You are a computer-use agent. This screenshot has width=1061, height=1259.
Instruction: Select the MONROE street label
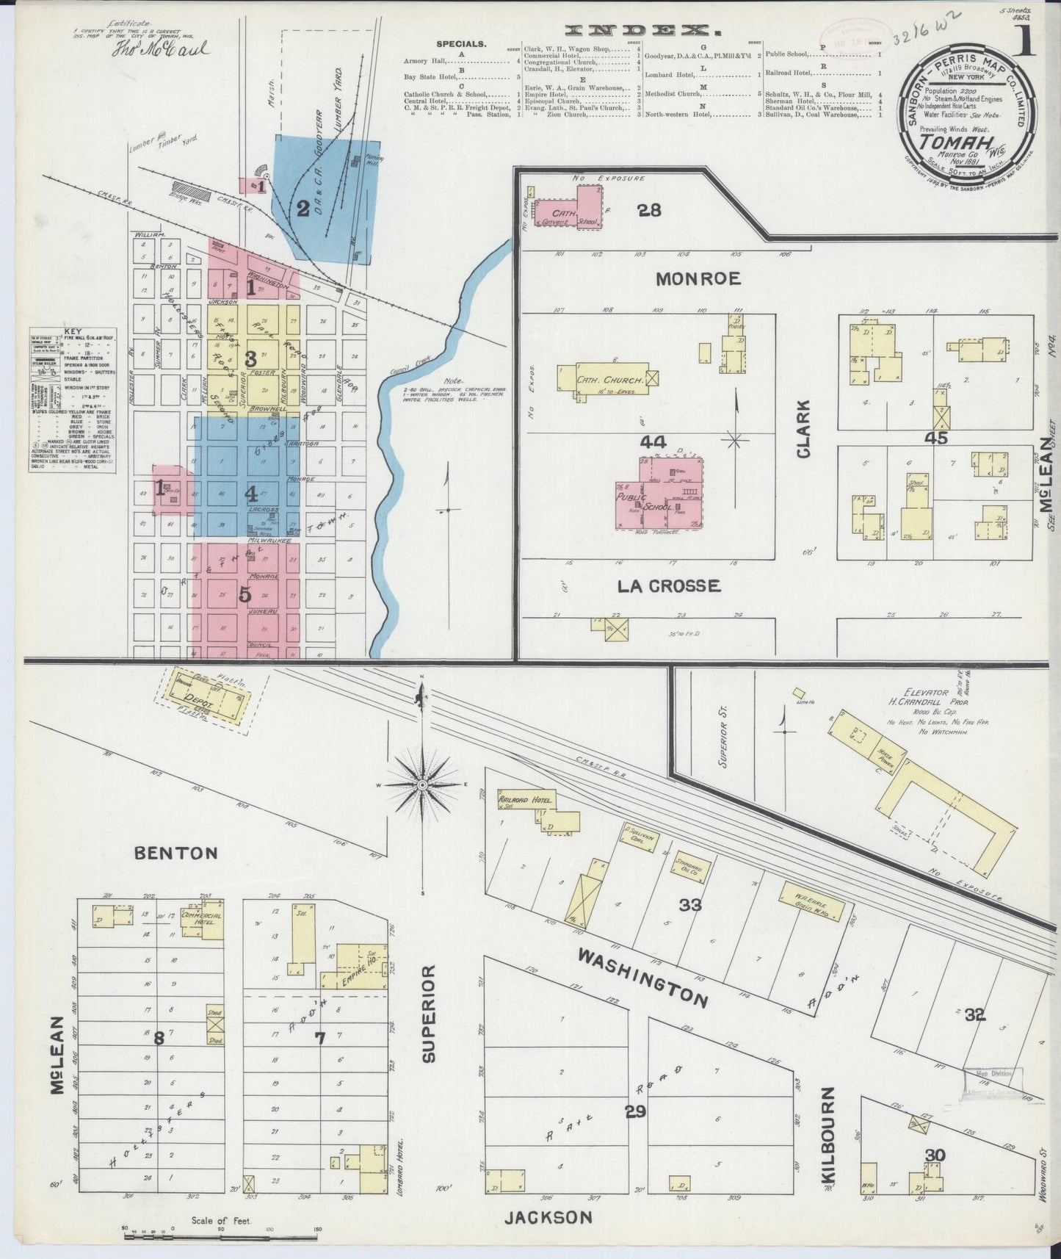[x=698, y=279]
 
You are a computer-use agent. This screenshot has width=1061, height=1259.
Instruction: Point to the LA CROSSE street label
[x=668, y=586]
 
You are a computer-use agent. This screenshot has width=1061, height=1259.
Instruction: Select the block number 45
[x=936, y=438]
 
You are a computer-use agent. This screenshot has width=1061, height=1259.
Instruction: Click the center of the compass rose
[x=423, y=785]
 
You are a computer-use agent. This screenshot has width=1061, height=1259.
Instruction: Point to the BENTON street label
[x=176, y=853]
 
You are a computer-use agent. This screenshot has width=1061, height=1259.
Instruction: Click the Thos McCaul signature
[x=160, y=50]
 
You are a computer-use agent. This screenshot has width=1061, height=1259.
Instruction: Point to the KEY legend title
[x=72, y=332]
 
